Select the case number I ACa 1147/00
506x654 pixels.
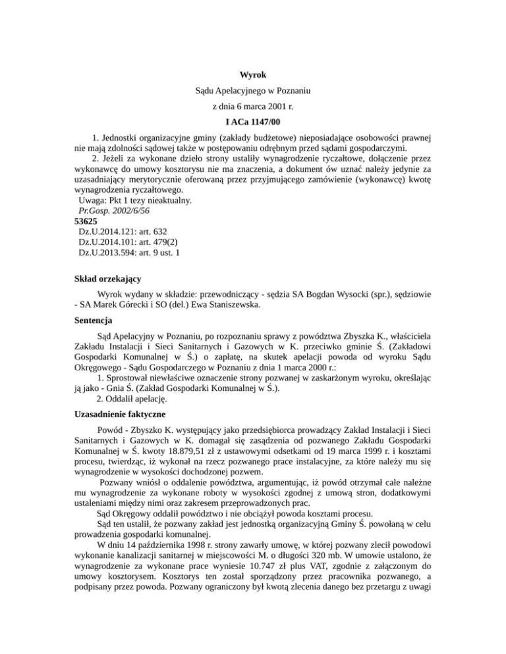click(253, 122)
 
